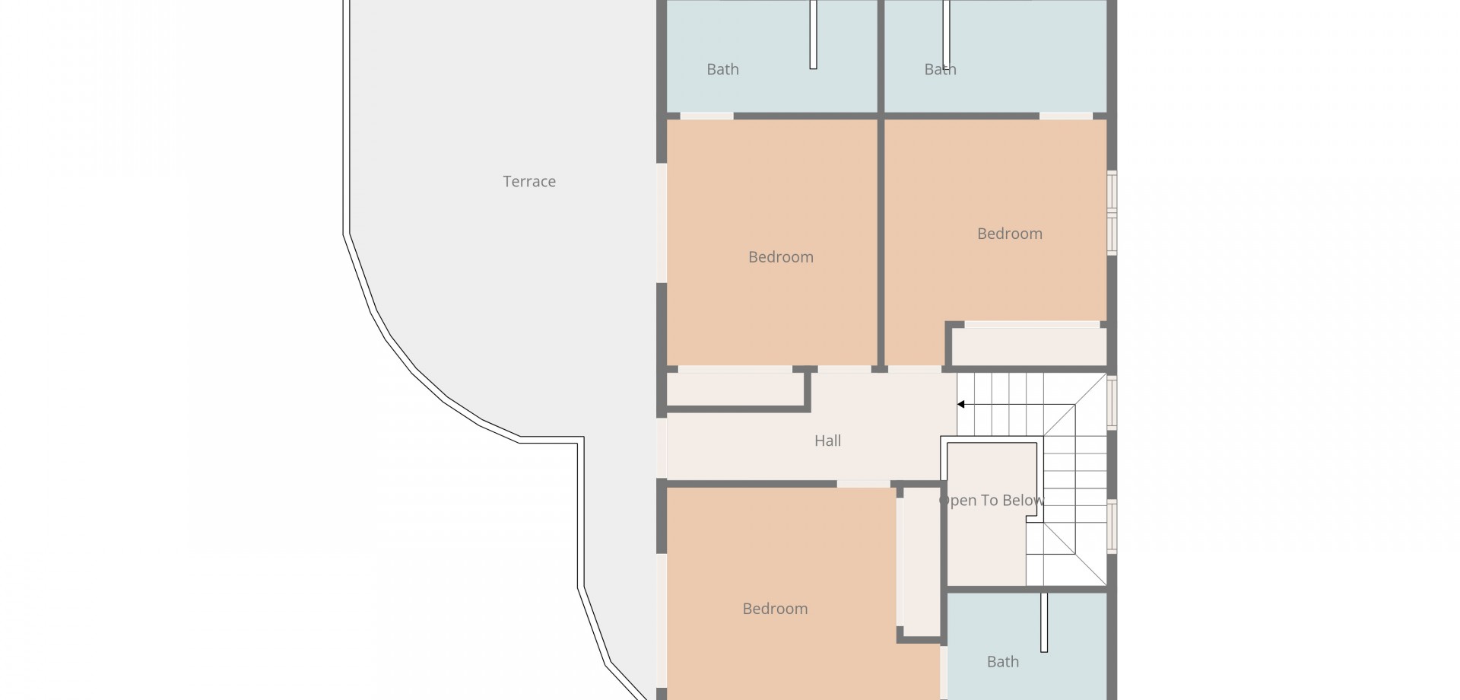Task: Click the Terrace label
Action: click(529, 181)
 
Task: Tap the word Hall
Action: click(827, 441)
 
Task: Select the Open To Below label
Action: click(992, 501)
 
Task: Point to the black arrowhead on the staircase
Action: click(961, 405)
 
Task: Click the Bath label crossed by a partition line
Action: click(940, 69)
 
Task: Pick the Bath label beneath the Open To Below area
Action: click(1002, 662)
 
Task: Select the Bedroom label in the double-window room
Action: click(1010, 234)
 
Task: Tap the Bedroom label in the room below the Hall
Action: click(775, 609)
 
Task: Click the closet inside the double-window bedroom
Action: click(1029, 346)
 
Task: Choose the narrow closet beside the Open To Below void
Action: click(921, 562)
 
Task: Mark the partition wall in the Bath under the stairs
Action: click(1044, 622)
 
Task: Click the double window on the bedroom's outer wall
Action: click(1112, 212)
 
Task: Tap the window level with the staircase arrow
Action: click(1112, 402)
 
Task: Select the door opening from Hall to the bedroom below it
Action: click(863, 484)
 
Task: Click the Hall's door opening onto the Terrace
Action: click(662, 449)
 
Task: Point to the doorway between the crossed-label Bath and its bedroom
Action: click(1065, 116)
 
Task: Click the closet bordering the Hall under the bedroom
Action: click(735, 390)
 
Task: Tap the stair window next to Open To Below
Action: click(1112, 526)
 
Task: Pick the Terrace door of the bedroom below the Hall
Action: click(662, 621)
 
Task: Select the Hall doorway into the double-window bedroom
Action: click(915, 369)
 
